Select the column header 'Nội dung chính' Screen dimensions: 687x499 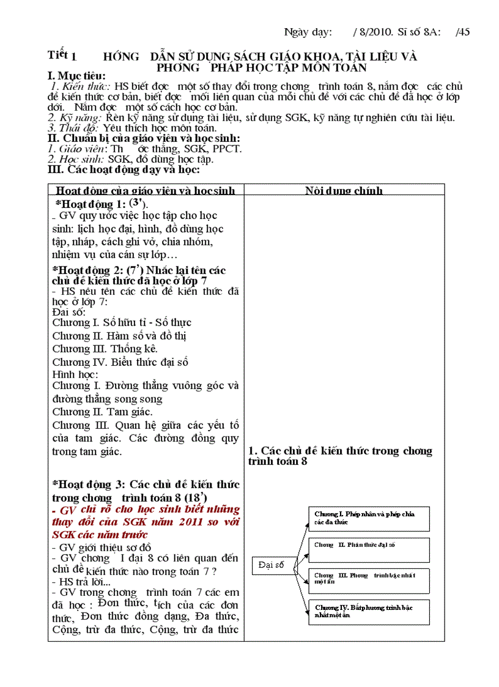344,190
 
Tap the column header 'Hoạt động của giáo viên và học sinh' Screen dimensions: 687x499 145,190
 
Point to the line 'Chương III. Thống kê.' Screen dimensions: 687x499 105,349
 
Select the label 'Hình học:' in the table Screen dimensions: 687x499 75,374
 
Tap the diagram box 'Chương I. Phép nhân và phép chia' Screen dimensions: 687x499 368,518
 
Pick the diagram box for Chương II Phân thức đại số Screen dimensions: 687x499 368,549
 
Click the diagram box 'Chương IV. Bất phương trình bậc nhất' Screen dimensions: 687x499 368,611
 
